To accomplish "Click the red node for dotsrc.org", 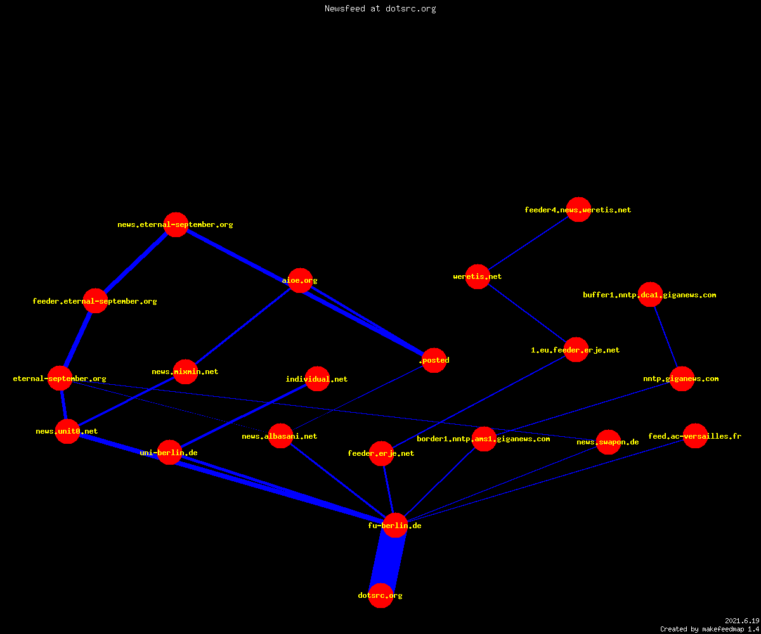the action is tap(380, 595).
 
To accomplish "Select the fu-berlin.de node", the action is tap(395, 525).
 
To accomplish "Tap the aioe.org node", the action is tap(300, 280).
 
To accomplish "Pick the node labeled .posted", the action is tap(434, 360).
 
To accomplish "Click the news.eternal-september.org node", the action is tap(176, 224).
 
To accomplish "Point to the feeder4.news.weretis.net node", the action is tap(578, 209).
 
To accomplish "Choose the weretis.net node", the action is tap(478, 276).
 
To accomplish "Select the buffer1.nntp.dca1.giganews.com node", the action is tap(650, 294).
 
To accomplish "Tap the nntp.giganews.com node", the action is tap(682, 378).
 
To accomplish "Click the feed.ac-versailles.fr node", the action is tap(695, 436).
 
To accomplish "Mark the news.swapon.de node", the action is tap(608, 442).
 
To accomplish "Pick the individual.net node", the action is tap(317, 378).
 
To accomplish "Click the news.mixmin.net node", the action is tap(185, 372).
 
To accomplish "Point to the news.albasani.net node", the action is tap(280, 436).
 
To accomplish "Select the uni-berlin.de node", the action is tap(169, 452).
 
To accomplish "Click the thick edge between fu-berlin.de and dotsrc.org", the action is tap(387, 560).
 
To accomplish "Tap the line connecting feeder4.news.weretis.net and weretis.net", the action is tap(528, 243).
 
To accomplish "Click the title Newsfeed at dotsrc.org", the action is tap(380, 8).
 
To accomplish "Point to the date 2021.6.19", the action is tap(742, 621).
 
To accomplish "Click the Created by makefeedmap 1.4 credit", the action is tap(710, 629).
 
